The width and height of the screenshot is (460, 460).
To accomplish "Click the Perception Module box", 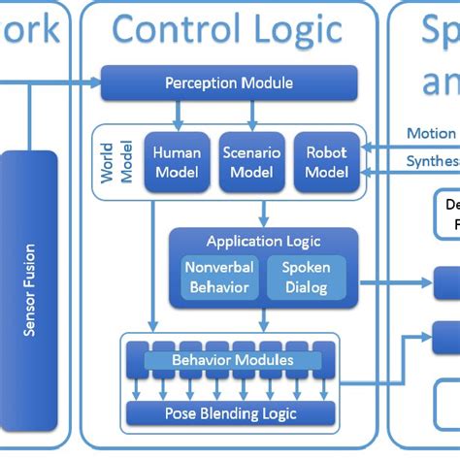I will tap(228, 82).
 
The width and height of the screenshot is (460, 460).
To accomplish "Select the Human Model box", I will tap(176, 161).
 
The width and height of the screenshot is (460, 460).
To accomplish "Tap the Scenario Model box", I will tap(251, 161).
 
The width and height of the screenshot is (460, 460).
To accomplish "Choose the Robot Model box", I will tap(325, 161).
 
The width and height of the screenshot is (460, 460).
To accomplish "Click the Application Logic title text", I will tap(262, 241).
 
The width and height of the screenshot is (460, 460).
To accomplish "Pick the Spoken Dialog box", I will tap(306, 278).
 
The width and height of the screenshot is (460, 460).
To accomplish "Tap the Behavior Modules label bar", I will tap(232, 361).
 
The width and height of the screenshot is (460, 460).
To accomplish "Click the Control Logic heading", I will tap(227, 29).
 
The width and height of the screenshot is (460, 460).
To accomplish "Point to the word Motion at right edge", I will tap(431, 134).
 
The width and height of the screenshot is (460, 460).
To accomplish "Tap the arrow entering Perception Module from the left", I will tap(87, 82).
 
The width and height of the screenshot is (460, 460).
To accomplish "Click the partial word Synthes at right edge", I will tap(430, 160).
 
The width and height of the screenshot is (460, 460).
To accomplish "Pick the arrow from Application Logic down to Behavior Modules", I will tap(262, 319).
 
